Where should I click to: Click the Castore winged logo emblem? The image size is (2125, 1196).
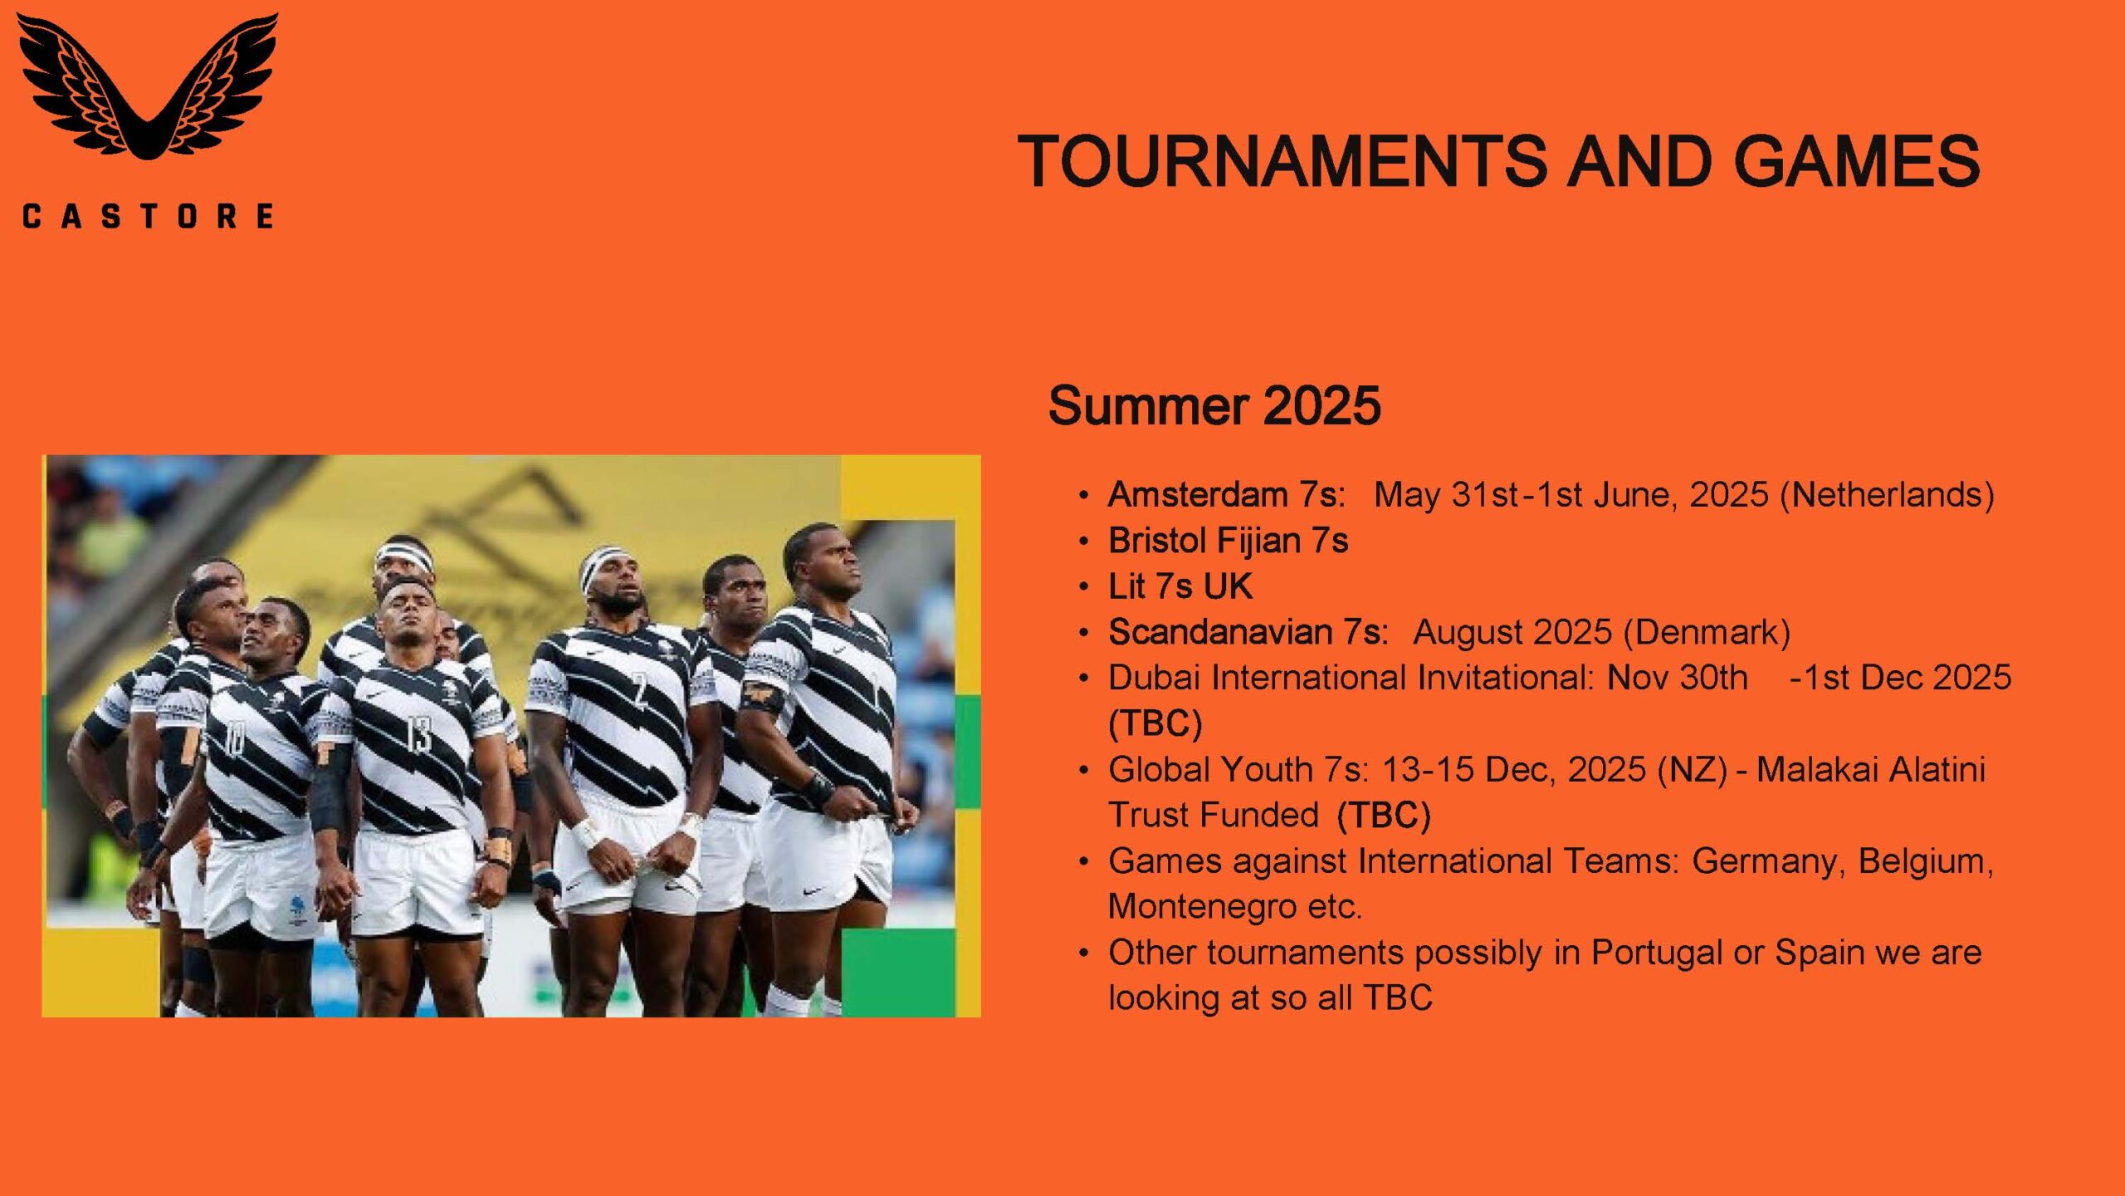coord(148,86)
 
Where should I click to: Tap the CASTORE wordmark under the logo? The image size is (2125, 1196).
coord(148,217)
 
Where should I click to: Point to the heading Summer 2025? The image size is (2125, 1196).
coord(1214,405)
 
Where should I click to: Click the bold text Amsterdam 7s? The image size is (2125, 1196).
coord(1226,494)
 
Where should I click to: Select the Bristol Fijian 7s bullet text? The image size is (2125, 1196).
coord(1228,542)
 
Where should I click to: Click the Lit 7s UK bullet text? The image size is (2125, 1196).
coord(1180,586)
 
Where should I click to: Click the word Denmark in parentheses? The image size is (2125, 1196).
coord(1706,632)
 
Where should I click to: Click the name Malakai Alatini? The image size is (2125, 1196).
coord(1871,769)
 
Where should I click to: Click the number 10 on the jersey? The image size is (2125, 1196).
coord(235,738)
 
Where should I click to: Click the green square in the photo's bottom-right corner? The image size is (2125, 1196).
coord(899,973)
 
